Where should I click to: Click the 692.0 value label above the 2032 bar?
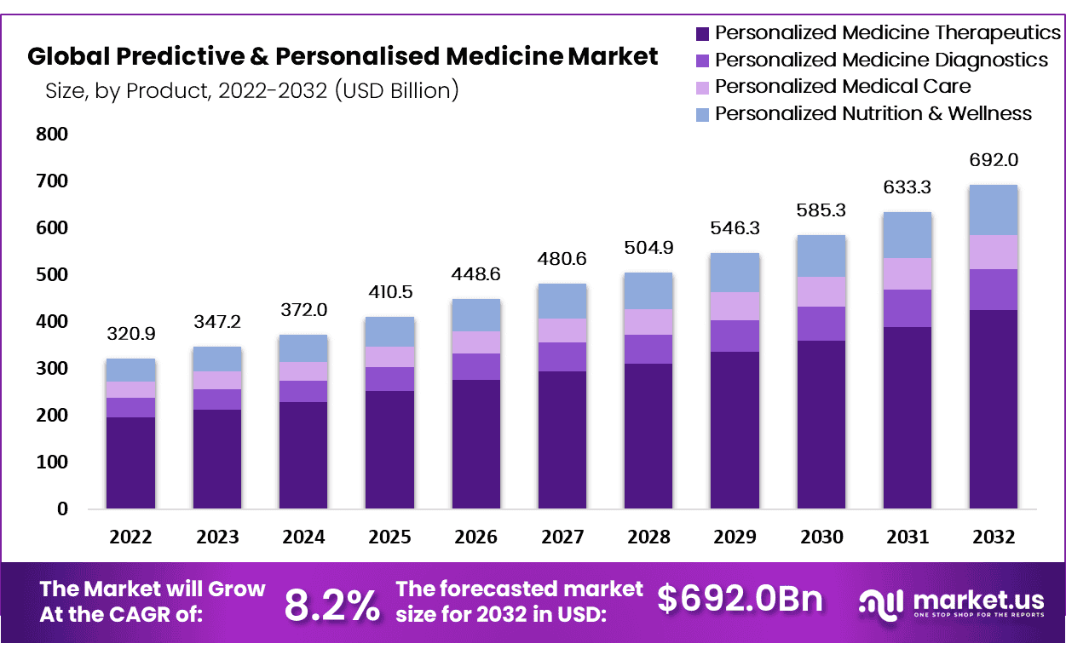[994, 160]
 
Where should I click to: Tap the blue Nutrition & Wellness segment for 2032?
[994, 210]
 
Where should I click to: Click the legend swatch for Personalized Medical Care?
[702, 87]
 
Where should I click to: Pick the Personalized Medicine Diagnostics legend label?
[881, 60]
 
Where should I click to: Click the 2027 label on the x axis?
[562, 537]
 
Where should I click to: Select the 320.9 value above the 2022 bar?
[130, 334]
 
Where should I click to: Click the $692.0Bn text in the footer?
[740, 600]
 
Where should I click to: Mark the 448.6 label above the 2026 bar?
[475, 274]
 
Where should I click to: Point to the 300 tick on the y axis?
[51, 369]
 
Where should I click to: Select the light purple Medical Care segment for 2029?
[735, 306]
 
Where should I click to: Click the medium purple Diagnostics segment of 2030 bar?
[821, 324]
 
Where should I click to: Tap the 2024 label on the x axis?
[303, 537]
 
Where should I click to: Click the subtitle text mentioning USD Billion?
[252, 90]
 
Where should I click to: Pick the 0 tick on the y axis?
[61, 509]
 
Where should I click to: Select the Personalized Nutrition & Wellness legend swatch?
[702, 114]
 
